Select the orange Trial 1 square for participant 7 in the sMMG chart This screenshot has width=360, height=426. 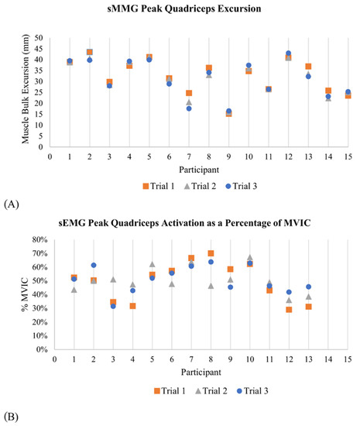pos(189,94)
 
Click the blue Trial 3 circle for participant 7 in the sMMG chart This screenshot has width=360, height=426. pos(189,108)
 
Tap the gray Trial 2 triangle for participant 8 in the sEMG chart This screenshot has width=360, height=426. pos(209,286)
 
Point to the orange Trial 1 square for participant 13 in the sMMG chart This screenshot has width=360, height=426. pos(308,67)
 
